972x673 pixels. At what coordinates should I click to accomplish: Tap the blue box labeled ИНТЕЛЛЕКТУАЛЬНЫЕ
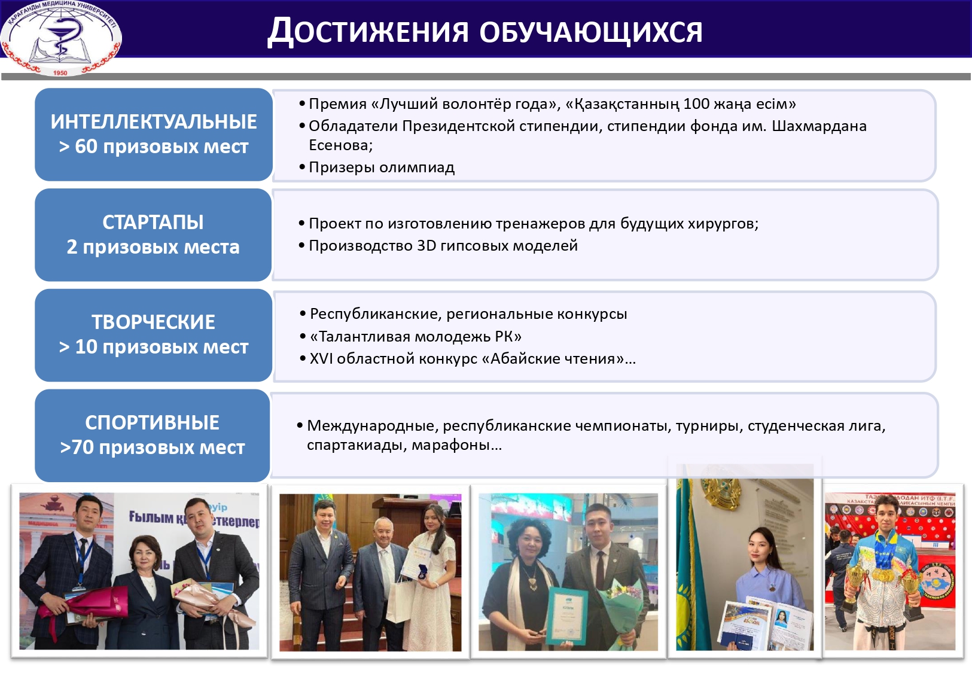[x=154, y=135]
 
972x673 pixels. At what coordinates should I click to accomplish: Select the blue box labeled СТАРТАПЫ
[x=153, y=235]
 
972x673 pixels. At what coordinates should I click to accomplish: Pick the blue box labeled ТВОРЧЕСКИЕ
[x=153, y=335]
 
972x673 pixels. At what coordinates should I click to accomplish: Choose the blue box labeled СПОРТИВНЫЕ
[x=152, y=435]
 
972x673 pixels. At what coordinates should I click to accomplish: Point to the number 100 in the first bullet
[x=696, y=104]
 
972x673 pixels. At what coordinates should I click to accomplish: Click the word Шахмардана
[x=819, y=126]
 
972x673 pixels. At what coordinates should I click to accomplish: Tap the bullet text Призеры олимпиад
[x=382, y=168]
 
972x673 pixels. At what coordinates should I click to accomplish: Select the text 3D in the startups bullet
[x=426, y=246]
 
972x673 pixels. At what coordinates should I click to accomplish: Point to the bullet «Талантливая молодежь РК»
[x=415, y=336]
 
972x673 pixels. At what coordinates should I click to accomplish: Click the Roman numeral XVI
[x=321, y=359]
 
